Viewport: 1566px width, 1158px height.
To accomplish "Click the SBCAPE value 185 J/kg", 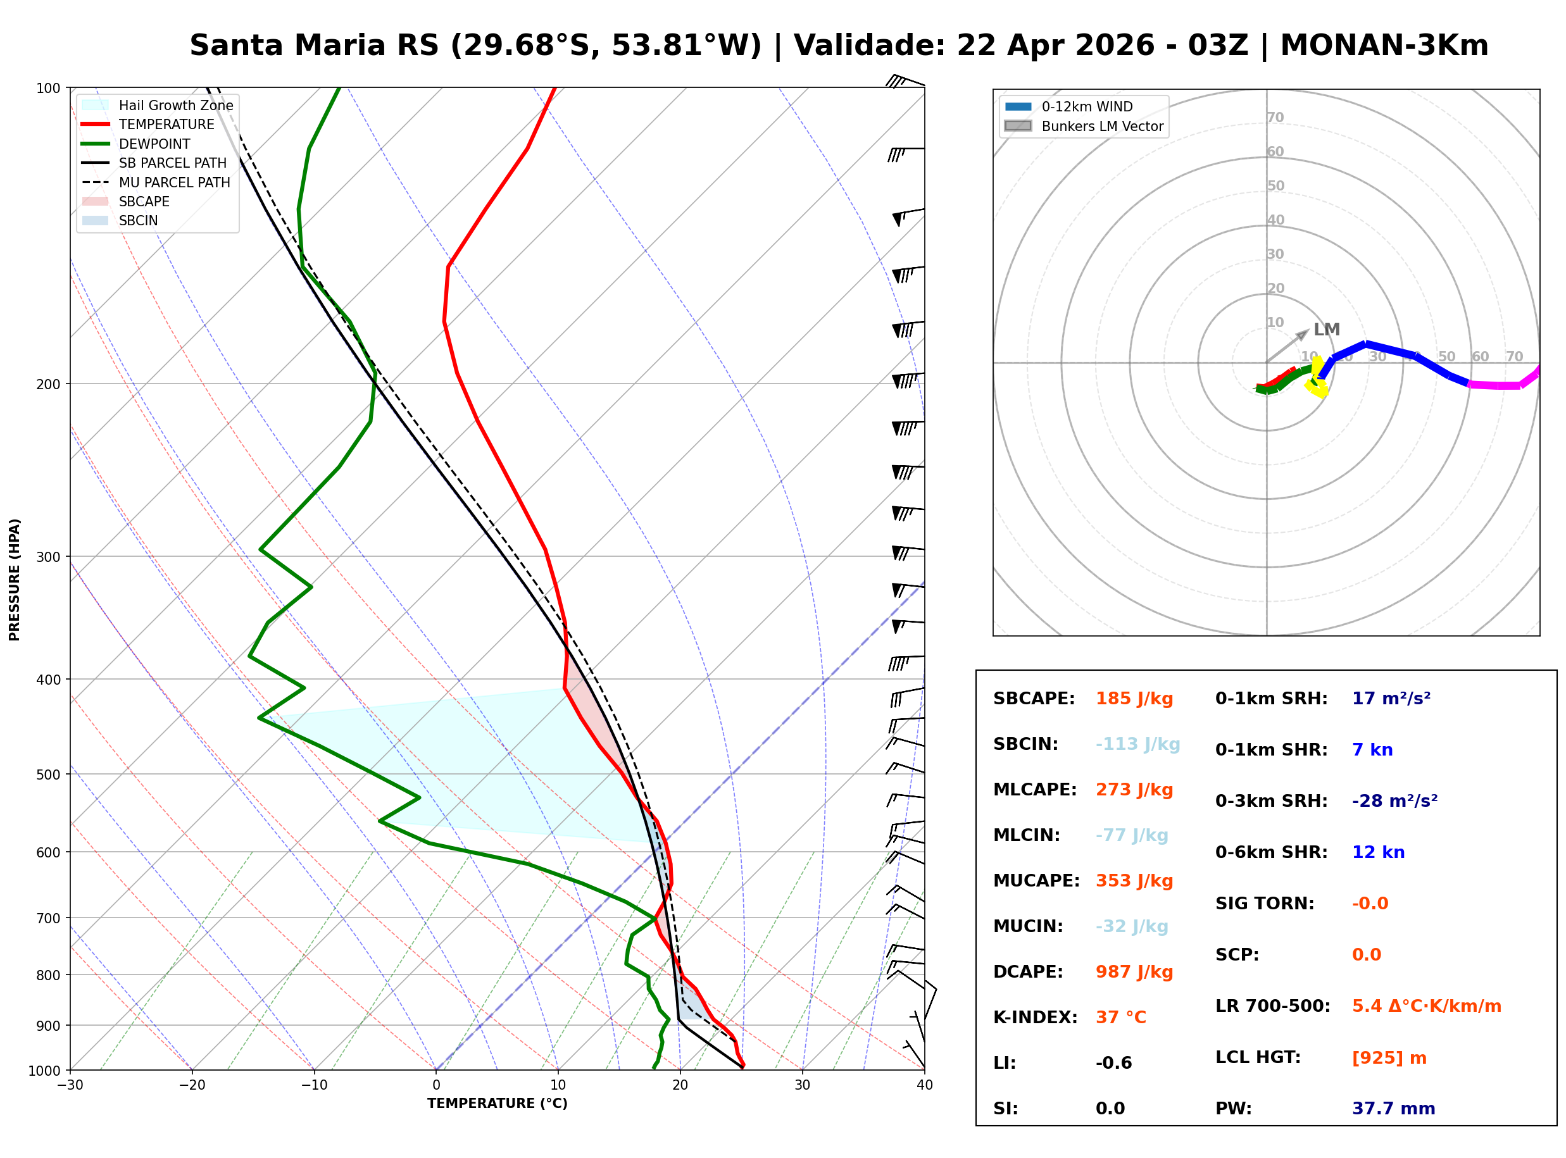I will (x=1134, y=699).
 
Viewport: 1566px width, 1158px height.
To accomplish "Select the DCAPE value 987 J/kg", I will (x=1134, y=972).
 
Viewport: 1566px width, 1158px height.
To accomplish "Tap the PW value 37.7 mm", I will (x=1393, y=1109).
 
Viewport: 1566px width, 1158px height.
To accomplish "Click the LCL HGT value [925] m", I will (x=1389, y=1058).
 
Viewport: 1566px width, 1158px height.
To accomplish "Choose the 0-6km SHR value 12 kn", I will (x=1378, y=852).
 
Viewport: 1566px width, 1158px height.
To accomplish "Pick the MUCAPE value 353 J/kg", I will (x=1134, y=881).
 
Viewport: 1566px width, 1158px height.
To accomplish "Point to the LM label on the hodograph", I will (x=1326, y=330).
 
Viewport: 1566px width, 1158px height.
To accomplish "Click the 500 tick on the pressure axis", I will (x=48, y=775).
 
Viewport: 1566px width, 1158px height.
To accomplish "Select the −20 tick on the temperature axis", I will (x=191, y=1086).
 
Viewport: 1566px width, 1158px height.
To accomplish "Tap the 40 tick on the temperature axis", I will (x=924, y=1086).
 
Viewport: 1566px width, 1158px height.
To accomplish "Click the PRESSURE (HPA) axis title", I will (x=15, y=580).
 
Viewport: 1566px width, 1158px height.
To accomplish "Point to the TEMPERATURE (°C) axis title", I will (x=497, y=1104).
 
